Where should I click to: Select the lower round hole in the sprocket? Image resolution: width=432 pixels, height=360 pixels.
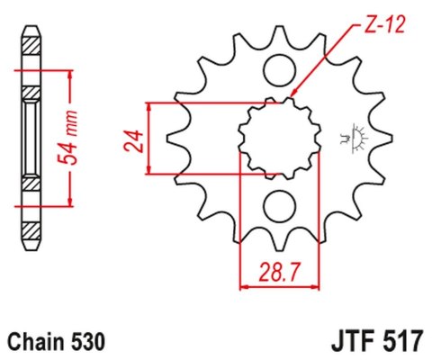coord(278,204)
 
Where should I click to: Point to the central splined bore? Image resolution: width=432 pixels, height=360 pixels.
coord(278,139)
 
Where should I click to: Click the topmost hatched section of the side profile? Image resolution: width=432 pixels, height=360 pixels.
coord(31,41)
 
